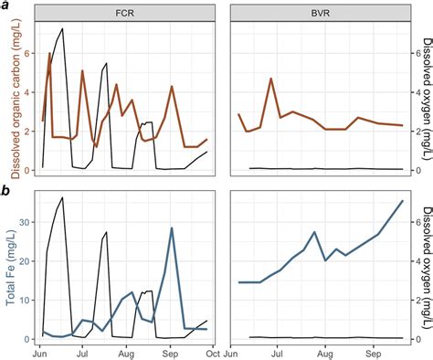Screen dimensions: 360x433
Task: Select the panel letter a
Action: coord(6,6)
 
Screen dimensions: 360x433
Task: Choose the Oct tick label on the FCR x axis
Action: coord(212,352)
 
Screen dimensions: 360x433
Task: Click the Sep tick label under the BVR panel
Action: coord(374,352)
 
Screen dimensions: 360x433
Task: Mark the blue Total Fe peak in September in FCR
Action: coord(172,228)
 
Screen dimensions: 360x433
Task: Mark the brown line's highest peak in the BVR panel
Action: coord(271,79)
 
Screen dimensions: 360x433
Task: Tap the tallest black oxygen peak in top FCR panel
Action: coord(62,29)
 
